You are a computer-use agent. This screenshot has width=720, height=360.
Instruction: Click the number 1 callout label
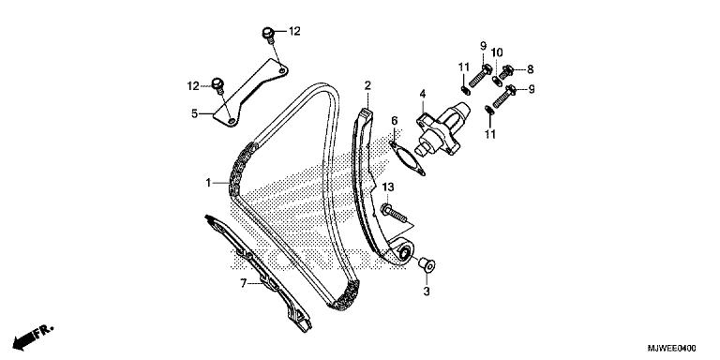coord(208,183)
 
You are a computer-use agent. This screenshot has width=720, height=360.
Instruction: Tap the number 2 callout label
coord(367,85)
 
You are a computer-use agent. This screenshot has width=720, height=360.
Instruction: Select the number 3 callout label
coord(427,292)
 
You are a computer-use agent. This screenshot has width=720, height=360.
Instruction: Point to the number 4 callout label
coord(423,94)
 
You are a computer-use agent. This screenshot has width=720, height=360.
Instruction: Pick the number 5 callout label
coord(195,112)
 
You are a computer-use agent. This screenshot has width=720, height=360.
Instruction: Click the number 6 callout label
coord(395,121)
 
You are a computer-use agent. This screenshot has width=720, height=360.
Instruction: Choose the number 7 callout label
coord(244,283)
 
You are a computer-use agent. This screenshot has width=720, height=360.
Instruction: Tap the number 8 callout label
coord(531,69)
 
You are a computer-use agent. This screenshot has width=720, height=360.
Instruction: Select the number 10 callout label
coord(497,52)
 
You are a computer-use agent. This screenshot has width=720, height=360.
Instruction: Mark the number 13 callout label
coord(388,187)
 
